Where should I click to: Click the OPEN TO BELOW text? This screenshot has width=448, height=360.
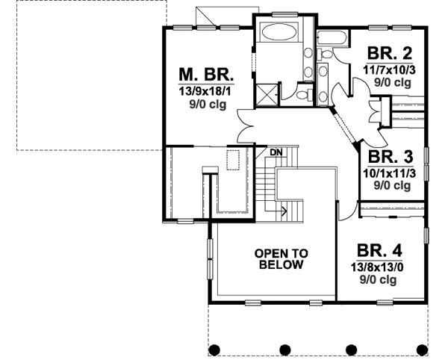click(281, 258)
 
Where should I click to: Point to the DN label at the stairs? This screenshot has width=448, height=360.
click(276, 152)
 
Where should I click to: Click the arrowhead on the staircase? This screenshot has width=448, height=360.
click(285, 211)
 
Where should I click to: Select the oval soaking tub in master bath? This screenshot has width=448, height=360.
click(279, 34)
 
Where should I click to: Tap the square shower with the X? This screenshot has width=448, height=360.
click(267, 96)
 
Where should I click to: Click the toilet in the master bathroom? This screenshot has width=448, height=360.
click(302, 95)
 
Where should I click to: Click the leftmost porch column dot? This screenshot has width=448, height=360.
click(214, 349)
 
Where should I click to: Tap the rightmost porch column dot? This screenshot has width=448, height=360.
click(422, 349)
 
